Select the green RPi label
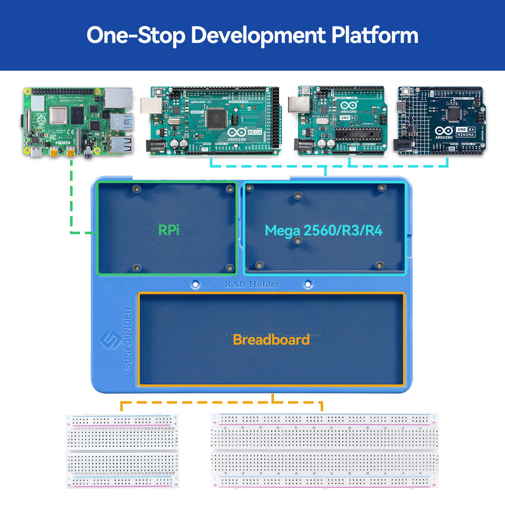tap(169, 230)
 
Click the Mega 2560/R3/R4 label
tap(324, 230)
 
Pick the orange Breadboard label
tap(271, 339)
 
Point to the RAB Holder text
tap(252, 284)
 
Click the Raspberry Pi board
tap(78, 122)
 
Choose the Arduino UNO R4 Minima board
tap(441, 121)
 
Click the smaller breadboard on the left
tap(122, 451)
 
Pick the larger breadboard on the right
tap(325, 450)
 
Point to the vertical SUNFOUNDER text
tap(128, 339)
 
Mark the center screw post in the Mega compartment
tap(297, 241)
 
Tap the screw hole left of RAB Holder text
tap(196, 284)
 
